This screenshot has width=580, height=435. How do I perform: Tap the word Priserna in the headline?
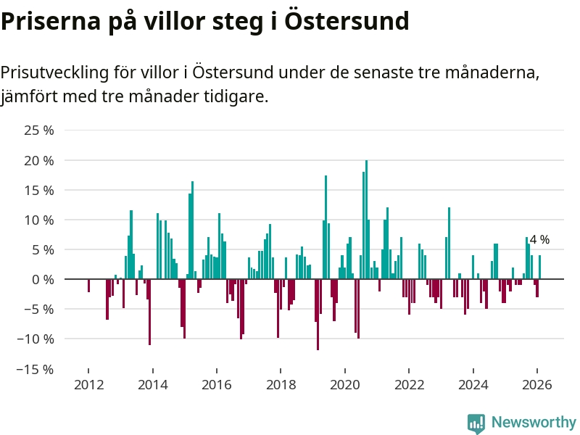pyautogui.click(x=46, y=21)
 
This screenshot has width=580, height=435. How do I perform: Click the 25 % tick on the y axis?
pyautogui.click(x=39, y=130)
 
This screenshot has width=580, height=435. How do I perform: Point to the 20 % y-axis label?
pyautogui.click(x=39, y=160)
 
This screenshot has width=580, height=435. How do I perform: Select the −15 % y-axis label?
pyautogui.click(x=36, y=369)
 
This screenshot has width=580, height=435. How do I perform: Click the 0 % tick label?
pyautogui.click(x=43, y=279)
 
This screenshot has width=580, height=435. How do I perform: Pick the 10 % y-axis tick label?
pyautogui.click(x=39, y=220)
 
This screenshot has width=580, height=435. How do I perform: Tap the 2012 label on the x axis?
pyautogui.click(x=88, y=385)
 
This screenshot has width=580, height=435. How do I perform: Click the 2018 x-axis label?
pyautogui.click(x=281, y=385)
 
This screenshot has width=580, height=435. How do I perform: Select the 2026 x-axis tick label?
pyautogui.click(x=537, y=385)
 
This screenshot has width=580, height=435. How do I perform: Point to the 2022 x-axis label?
pyautogui.click(x=409, y=385)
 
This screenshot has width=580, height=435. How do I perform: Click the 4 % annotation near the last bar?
pyautogui.click(x=539, y=239)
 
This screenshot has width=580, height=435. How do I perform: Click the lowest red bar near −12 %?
pyautogui.click(x=318, y=314)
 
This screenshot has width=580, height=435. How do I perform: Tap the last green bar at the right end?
pyautogui.click(x=539, y=267)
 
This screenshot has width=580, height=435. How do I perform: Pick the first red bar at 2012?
pyautogui.click(x=88, y=286)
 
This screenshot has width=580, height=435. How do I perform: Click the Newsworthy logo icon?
pyautogui.click(x=476, y=423)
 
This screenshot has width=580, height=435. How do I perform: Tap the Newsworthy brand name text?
pyautogui.click(x=534, y=422)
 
